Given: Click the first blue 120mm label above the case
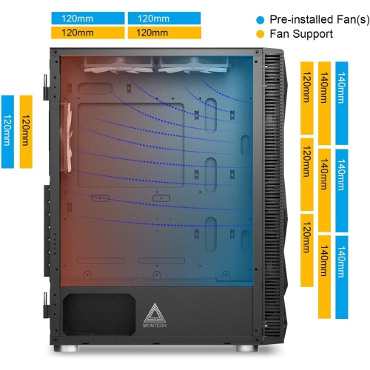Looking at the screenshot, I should [87, 18].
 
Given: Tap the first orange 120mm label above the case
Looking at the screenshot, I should [87, 33].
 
